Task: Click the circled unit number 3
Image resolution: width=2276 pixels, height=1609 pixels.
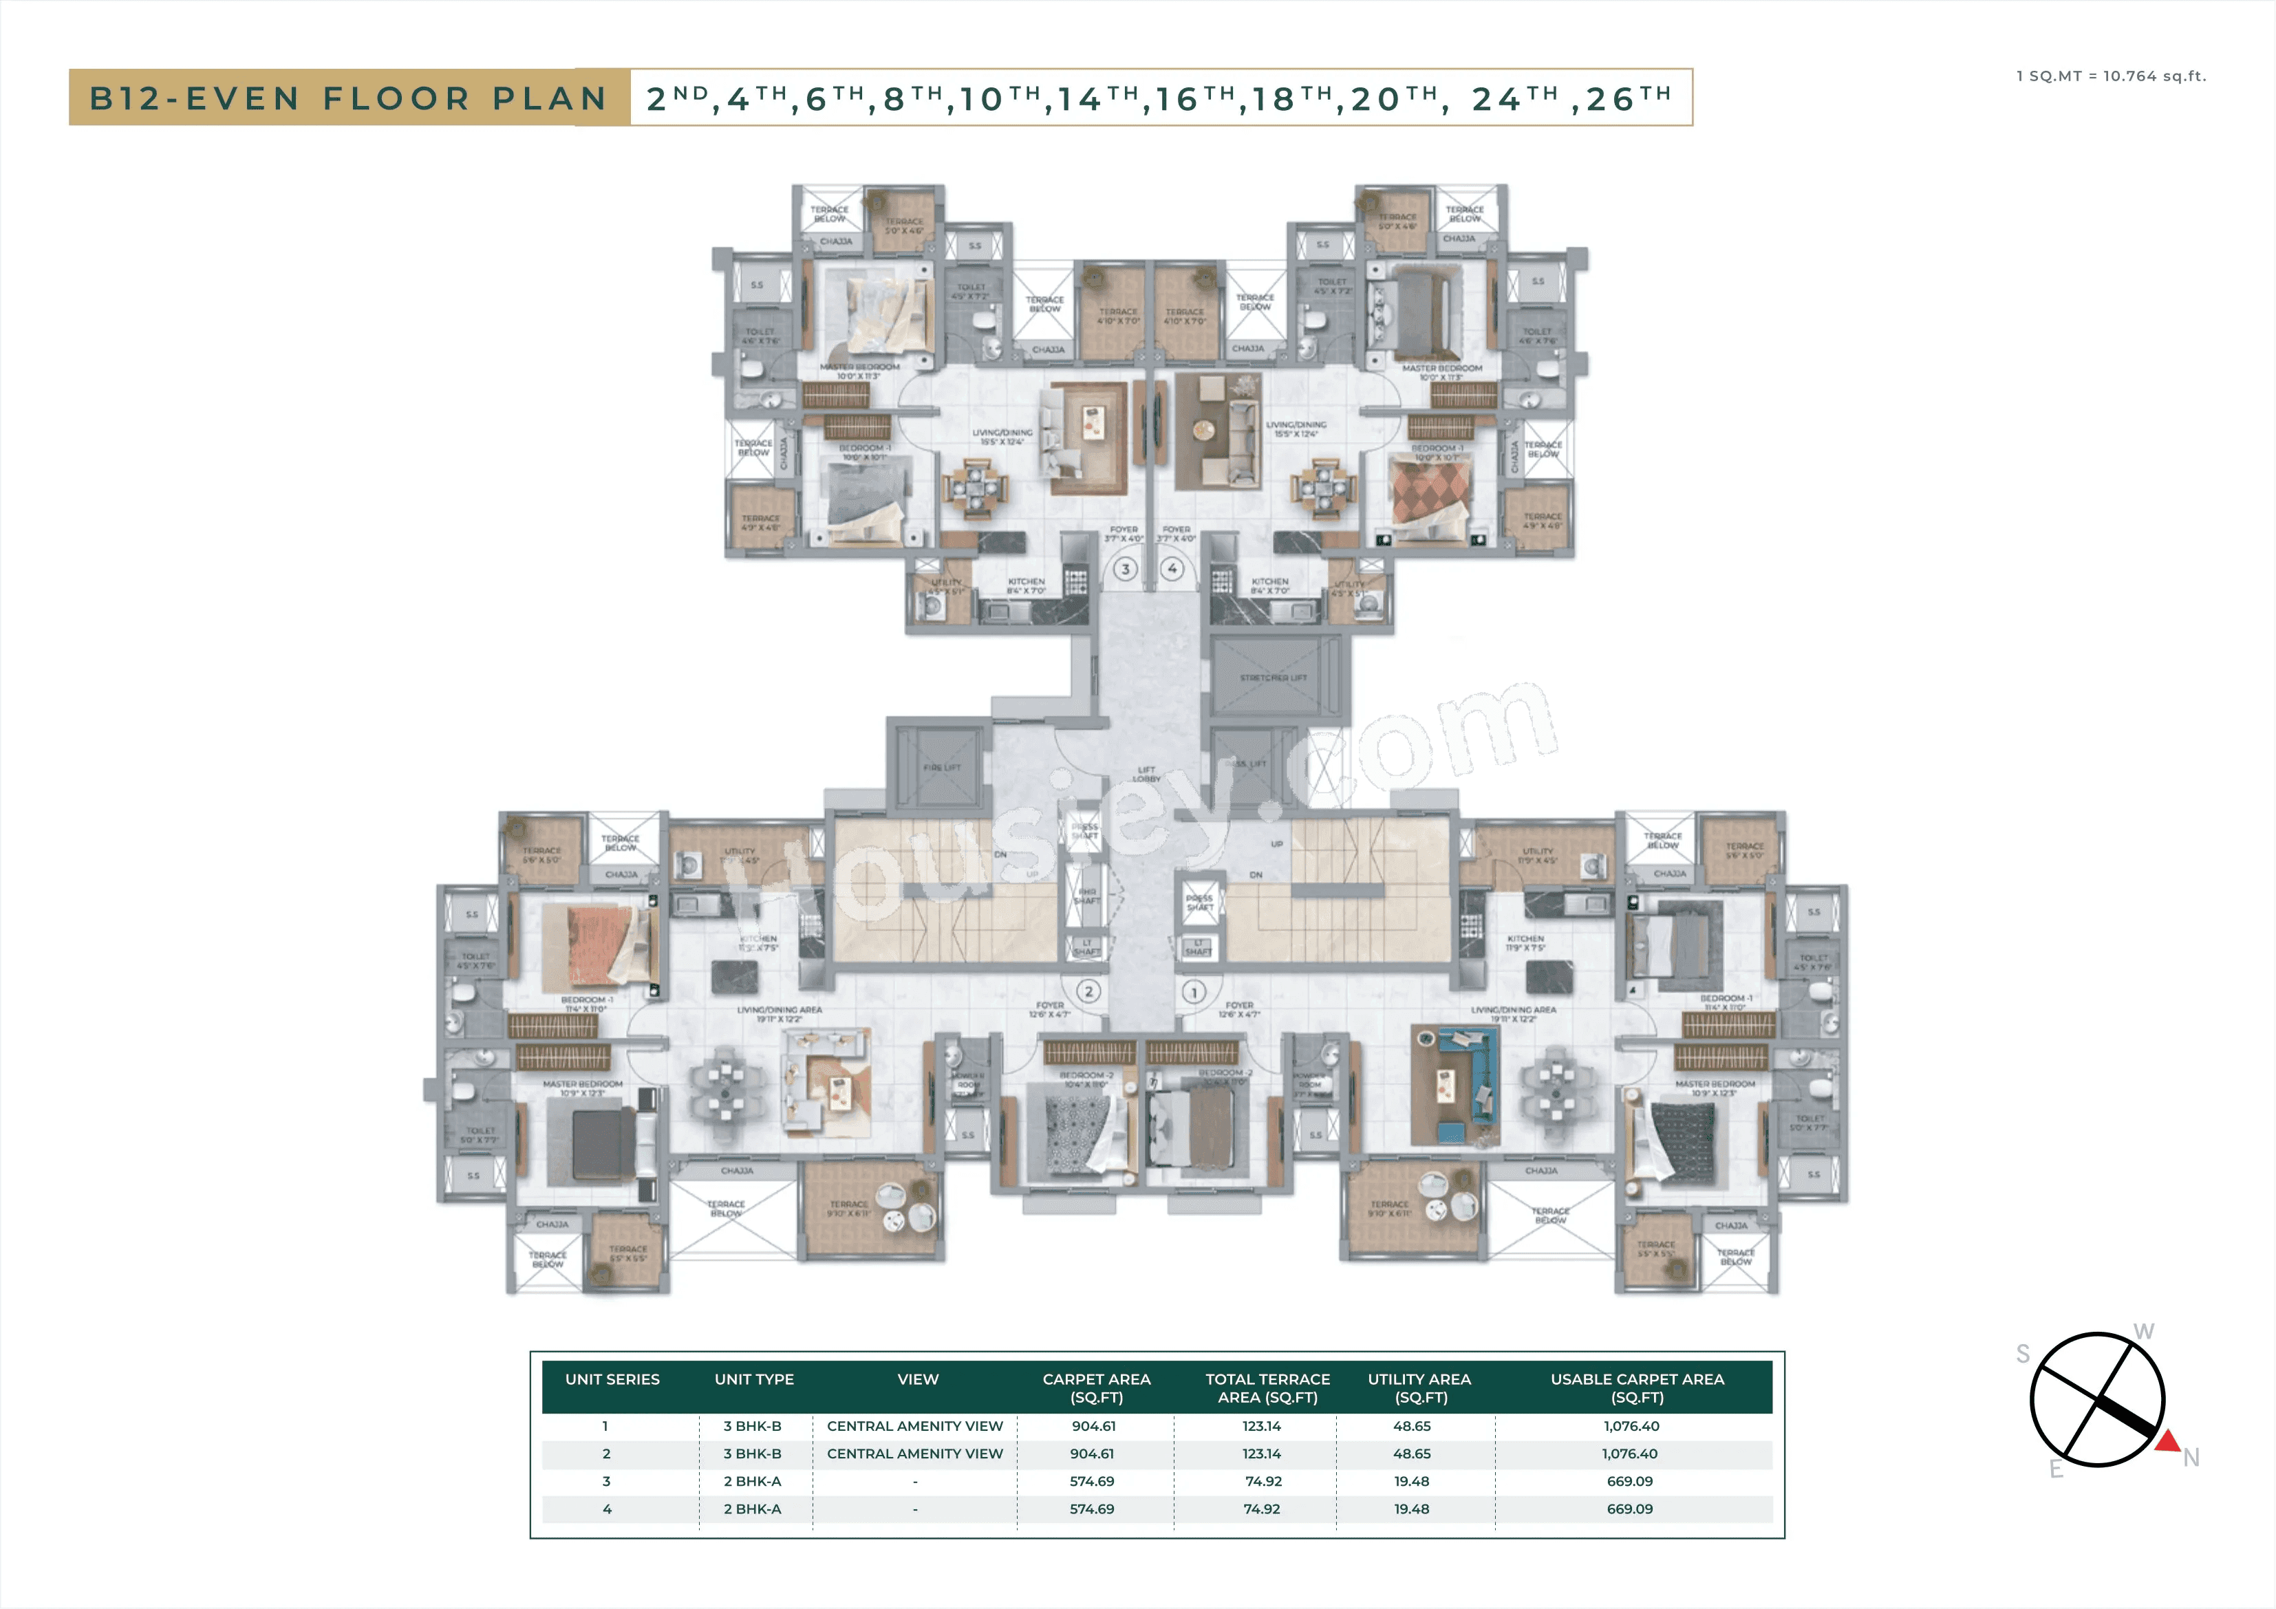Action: (1125, 569)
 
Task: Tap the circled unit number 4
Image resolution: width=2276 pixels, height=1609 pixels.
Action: (1172, 569)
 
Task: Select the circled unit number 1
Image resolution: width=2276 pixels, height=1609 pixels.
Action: (1194, 991)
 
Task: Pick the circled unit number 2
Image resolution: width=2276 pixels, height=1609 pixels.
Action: (1088, 991)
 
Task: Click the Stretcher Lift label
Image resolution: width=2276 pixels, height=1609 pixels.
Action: (1273, 678)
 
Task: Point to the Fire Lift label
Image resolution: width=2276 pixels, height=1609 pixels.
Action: (942, 767)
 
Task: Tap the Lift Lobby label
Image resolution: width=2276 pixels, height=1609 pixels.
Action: (1147, 773)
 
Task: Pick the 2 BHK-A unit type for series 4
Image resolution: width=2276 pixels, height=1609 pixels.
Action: (753, 1509)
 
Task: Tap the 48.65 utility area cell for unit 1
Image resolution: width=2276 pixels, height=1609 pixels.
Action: (1412, 1425)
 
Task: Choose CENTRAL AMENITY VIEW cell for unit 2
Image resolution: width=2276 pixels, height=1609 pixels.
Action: (915, 1454)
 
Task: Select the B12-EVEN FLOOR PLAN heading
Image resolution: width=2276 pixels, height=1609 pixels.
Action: (349, 98)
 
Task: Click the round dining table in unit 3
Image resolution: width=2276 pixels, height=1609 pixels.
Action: (976, 487)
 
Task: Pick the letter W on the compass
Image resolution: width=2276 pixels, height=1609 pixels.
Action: (2143, 1331)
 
